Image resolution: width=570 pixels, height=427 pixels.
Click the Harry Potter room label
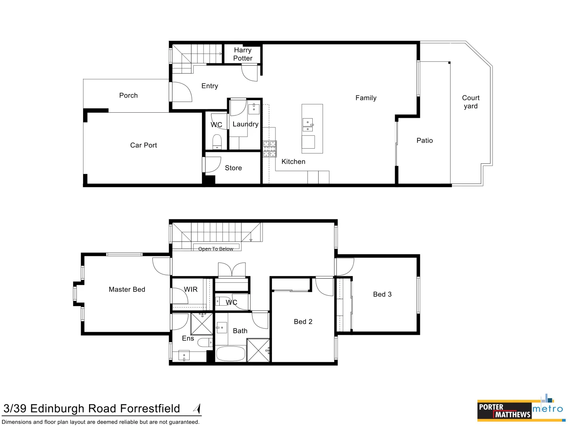click(x=243, y=54)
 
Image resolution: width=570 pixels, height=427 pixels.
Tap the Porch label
click(x=128, y=95)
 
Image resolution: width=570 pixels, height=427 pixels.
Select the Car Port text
click(x=143, y=145)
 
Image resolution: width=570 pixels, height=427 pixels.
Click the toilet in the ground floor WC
click(x=217, y=141)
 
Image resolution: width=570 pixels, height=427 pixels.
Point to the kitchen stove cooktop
click(x=270, y=149)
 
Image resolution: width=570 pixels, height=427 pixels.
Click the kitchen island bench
click(x=312, y=128)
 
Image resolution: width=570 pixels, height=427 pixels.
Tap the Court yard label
click(x=471, y=102)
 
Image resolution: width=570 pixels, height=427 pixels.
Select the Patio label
click(x=424, y=140)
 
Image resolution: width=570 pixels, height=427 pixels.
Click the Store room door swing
click(x=212, y=164)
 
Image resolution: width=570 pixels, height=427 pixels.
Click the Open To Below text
click(x=216, y=249)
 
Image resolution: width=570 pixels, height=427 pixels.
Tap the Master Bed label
click(x=127, y=289)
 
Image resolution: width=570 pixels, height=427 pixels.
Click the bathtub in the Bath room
click(x=230, y=353)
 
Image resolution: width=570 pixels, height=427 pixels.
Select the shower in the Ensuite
click(x=202, y=324)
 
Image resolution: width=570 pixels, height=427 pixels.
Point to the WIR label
click(x=190, y=289)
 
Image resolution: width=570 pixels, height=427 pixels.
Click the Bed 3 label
click(x=382, y=294)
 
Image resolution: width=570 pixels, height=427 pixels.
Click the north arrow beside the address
click(x=197, y=408)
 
